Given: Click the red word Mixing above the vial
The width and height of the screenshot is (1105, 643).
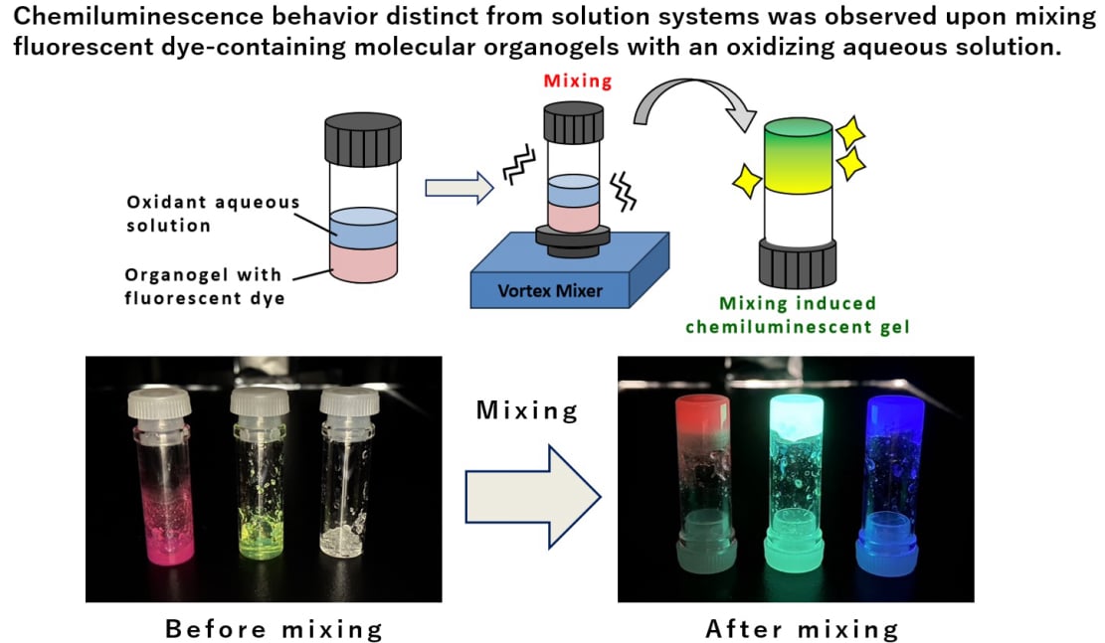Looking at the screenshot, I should pos(578,81).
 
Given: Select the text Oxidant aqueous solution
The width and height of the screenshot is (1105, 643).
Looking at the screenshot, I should pos(213,214).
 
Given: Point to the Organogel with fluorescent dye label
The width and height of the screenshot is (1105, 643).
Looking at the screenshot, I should pos(204,285).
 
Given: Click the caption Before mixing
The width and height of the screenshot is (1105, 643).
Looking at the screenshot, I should pos(274,629).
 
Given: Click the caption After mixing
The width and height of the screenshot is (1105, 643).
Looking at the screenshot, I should pos(802,629).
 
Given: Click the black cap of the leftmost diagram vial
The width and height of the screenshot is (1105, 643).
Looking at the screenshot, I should pos(363,142).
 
